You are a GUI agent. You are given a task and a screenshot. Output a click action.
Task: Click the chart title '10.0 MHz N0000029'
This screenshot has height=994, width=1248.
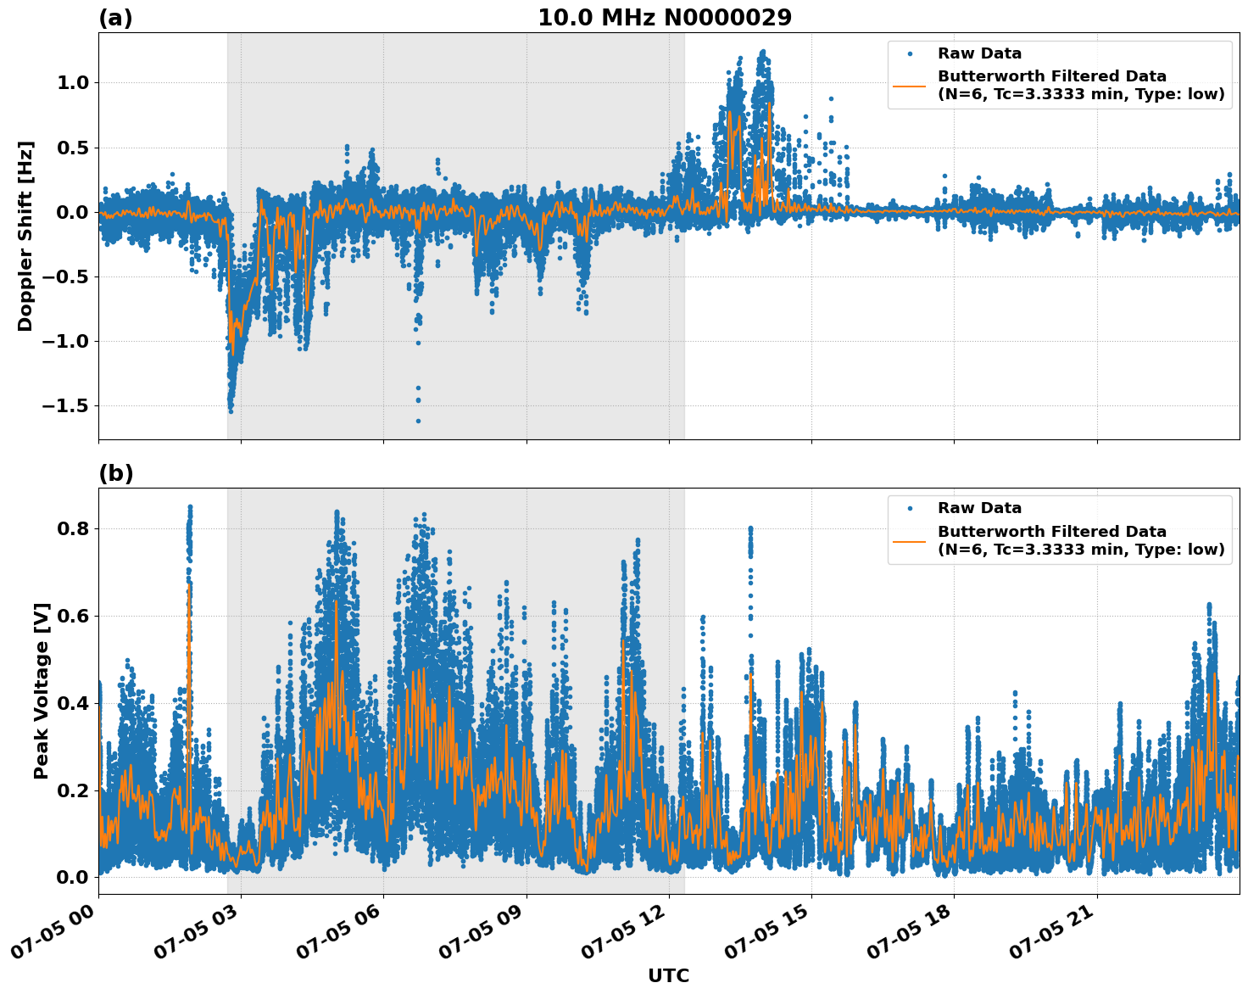[665, 18]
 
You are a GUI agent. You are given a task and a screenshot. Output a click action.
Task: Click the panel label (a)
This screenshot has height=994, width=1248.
[115, 18]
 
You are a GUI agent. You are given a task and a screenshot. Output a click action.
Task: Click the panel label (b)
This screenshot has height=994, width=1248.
[115, 473]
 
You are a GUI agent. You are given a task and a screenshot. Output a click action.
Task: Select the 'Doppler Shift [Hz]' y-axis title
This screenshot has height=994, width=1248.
[25, 236]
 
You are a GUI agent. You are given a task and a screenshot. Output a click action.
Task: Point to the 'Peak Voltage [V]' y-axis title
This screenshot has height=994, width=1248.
[42, 690]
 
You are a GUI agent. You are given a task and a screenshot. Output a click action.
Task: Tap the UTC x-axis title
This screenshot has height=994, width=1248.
[668, 975]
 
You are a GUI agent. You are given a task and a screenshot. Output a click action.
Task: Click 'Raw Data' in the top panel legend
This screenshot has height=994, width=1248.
[979, 53]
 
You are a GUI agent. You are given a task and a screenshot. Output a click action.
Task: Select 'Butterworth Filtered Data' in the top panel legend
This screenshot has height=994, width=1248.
[1051, 76]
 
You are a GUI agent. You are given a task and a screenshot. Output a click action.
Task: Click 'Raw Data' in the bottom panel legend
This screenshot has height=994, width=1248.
[979, 508]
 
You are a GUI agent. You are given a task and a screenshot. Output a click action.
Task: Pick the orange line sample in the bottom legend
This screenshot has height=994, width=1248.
[910, 540]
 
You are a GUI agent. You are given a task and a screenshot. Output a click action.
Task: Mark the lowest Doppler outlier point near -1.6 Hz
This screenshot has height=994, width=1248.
[418, 421]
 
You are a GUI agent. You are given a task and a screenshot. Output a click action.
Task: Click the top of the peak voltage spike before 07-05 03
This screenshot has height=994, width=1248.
[190, 507]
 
